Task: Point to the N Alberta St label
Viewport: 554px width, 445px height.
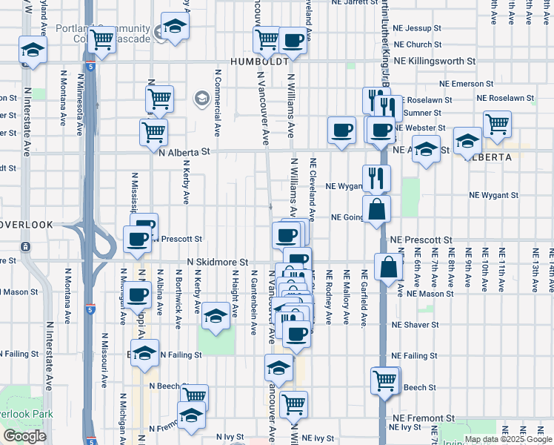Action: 185,152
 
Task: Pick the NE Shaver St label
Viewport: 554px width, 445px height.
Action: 415,325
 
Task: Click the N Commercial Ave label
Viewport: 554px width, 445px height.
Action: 218,104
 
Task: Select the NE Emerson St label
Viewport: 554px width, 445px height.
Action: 466,85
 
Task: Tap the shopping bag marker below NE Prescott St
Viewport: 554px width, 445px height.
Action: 388,267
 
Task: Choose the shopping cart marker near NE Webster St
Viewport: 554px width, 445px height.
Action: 497,124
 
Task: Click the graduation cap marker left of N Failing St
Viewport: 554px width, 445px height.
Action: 145,352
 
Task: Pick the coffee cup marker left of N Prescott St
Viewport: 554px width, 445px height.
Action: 138,240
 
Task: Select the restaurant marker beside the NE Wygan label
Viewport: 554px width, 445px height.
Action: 376,178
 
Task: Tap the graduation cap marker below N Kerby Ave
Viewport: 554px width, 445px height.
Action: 216,317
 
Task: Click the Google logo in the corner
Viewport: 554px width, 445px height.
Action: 24,436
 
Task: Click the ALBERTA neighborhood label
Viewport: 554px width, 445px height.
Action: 486,158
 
